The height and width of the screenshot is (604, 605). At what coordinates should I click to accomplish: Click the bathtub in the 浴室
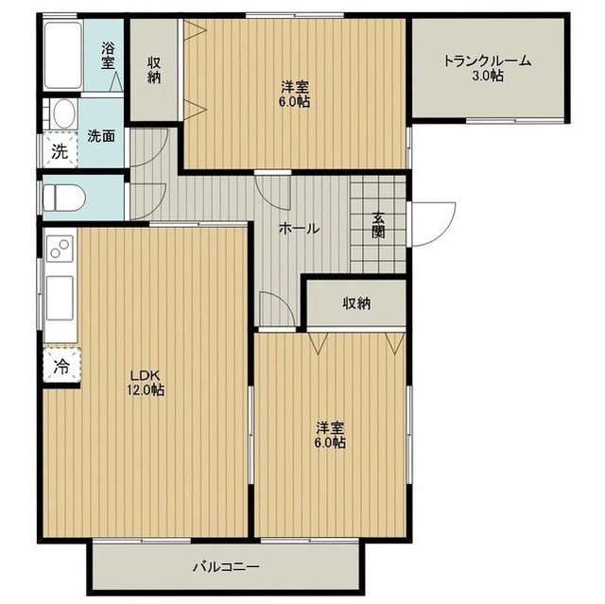click(63, 55)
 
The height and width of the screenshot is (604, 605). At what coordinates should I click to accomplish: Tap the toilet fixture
click(64, 198)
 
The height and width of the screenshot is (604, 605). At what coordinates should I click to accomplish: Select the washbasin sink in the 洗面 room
click(64, 113)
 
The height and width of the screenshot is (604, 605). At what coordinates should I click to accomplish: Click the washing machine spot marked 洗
click(60, 151)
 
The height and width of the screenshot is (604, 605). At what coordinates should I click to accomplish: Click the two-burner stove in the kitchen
click(60, 249)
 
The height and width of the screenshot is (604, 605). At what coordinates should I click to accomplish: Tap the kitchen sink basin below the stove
click(60, 298)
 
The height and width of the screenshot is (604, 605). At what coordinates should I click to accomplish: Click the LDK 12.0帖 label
click(146, 382)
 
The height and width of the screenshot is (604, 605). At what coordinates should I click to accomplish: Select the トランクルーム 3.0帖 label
click(488, 67)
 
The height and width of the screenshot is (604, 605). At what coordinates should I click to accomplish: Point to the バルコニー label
click(226, 566)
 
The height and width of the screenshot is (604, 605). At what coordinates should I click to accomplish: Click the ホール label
click(300, 229)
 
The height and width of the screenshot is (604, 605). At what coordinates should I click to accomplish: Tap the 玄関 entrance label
click(378, 225)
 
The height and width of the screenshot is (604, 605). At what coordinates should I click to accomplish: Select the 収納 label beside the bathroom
click(154, 70)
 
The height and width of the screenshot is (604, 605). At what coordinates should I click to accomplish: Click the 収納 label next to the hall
click(357, 303)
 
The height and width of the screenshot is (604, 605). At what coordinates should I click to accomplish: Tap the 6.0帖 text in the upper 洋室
click(295, 102)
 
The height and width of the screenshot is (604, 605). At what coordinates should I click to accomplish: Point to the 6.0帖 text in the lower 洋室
click(330, 442)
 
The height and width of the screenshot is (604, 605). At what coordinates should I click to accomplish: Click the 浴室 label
click(108, 57)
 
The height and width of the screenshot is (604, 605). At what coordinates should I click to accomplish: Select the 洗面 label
click(101, 136)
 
